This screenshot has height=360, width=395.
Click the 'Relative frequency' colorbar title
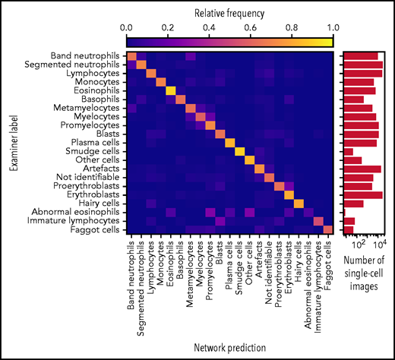(x=229, y=11)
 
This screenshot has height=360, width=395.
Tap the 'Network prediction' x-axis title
(x=229, y=347)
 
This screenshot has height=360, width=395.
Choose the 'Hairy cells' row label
(x=94, y=204)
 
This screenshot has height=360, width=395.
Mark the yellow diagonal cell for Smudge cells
(x=239, y=151)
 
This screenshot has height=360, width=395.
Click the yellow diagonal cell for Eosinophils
(x=170, y=90)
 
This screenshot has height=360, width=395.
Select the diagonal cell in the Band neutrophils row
(x=131, y=56)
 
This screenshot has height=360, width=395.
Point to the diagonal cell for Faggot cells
(x=328, y=229)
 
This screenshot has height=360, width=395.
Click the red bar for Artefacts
(x=362, y=169)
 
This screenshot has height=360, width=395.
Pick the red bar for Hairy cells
(x=353, y=204)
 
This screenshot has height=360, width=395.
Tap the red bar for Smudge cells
(x=349, y=151)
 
